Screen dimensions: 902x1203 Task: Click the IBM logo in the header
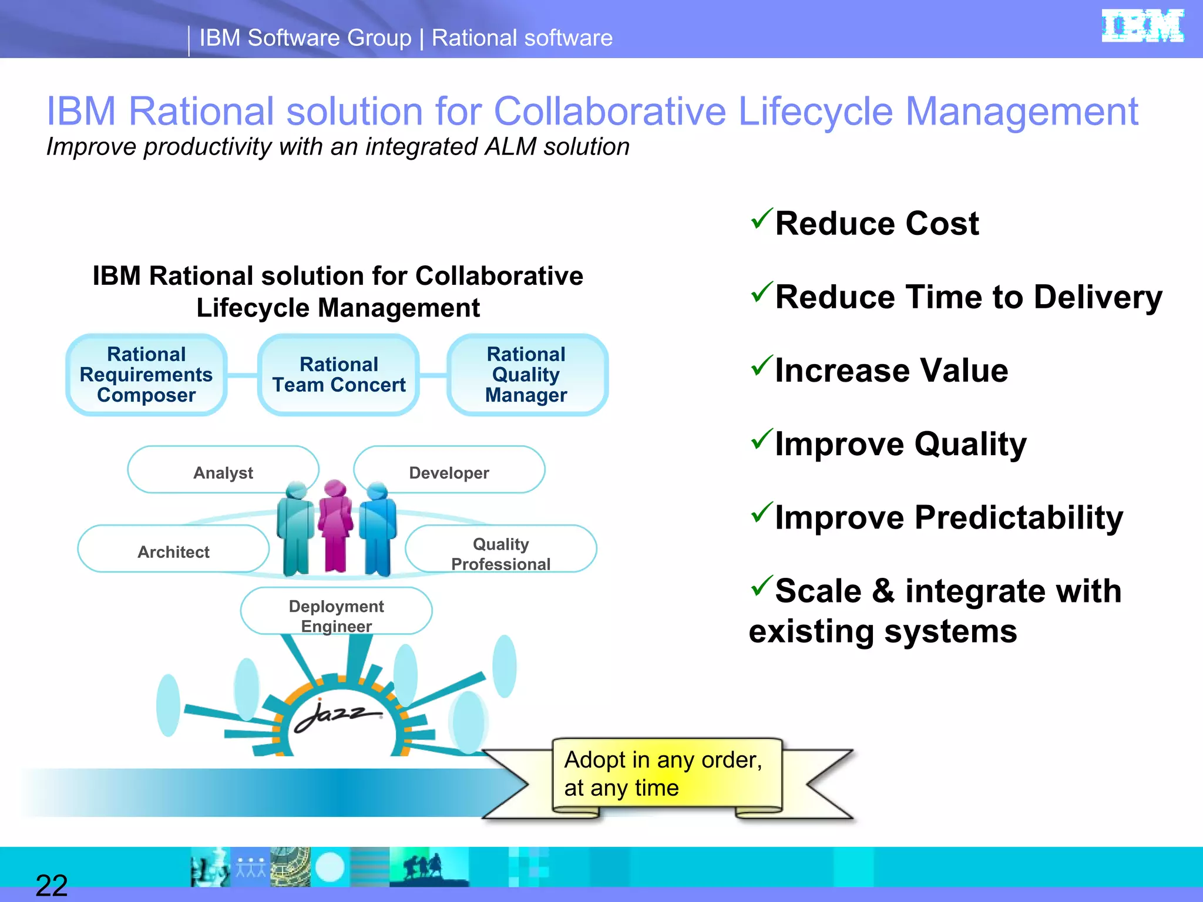point(1142,26)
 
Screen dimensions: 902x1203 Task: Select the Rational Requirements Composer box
point(146,375)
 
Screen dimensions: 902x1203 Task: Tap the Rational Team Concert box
point(338,375)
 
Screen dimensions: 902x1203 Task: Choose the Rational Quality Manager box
point(526,375)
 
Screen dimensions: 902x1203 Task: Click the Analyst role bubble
point(223,472)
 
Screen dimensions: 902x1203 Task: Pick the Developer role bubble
point(449,472)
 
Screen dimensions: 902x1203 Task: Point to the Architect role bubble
point(173,551)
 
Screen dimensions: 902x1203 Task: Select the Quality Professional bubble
point(500,553)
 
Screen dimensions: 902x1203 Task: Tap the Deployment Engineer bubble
point(336,615)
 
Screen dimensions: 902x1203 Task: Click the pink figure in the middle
point(335,525)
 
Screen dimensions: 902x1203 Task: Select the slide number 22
point(52,886)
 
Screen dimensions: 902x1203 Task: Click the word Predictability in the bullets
point(1019,518)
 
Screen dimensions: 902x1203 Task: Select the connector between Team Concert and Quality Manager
point(433,375)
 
